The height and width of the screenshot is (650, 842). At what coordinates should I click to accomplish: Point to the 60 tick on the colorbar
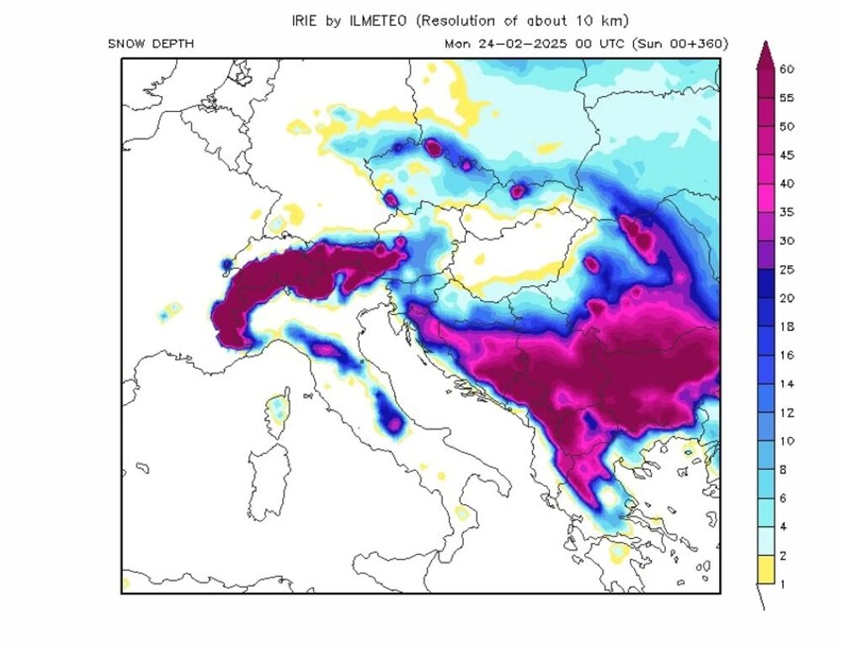pyautogui.click(x=786, y=70)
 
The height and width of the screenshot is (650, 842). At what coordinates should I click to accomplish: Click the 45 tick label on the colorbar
pyautogui.click(x=786, y=155)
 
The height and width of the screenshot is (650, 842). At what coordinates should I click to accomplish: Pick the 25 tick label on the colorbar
pyautogui.click(x=786, y=269)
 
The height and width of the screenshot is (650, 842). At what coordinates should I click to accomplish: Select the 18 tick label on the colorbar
pyautogui.click(x=786, y=327)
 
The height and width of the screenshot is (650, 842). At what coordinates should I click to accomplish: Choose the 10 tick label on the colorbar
pyautogui.click(x=786, y=441)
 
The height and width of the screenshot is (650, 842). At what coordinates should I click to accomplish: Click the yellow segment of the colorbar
pyautogui.click(x=765, y=569)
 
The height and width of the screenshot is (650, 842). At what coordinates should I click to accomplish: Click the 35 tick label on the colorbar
pyautogui.click(x=786, y=212)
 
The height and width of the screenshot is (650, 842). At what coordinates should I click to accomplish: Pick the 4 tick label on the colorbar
pyautogui.click(x=783, y=526)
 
